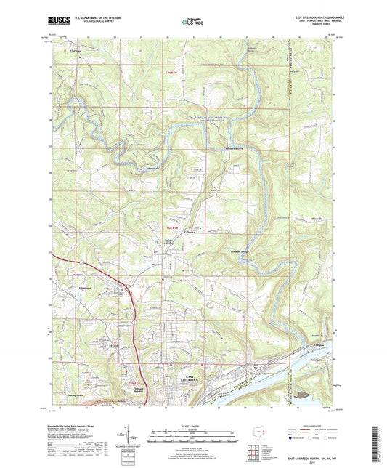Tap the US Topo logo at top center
[192, 22]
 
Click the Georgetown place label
[299, 360]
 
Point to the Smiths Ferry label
[299, 335]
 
